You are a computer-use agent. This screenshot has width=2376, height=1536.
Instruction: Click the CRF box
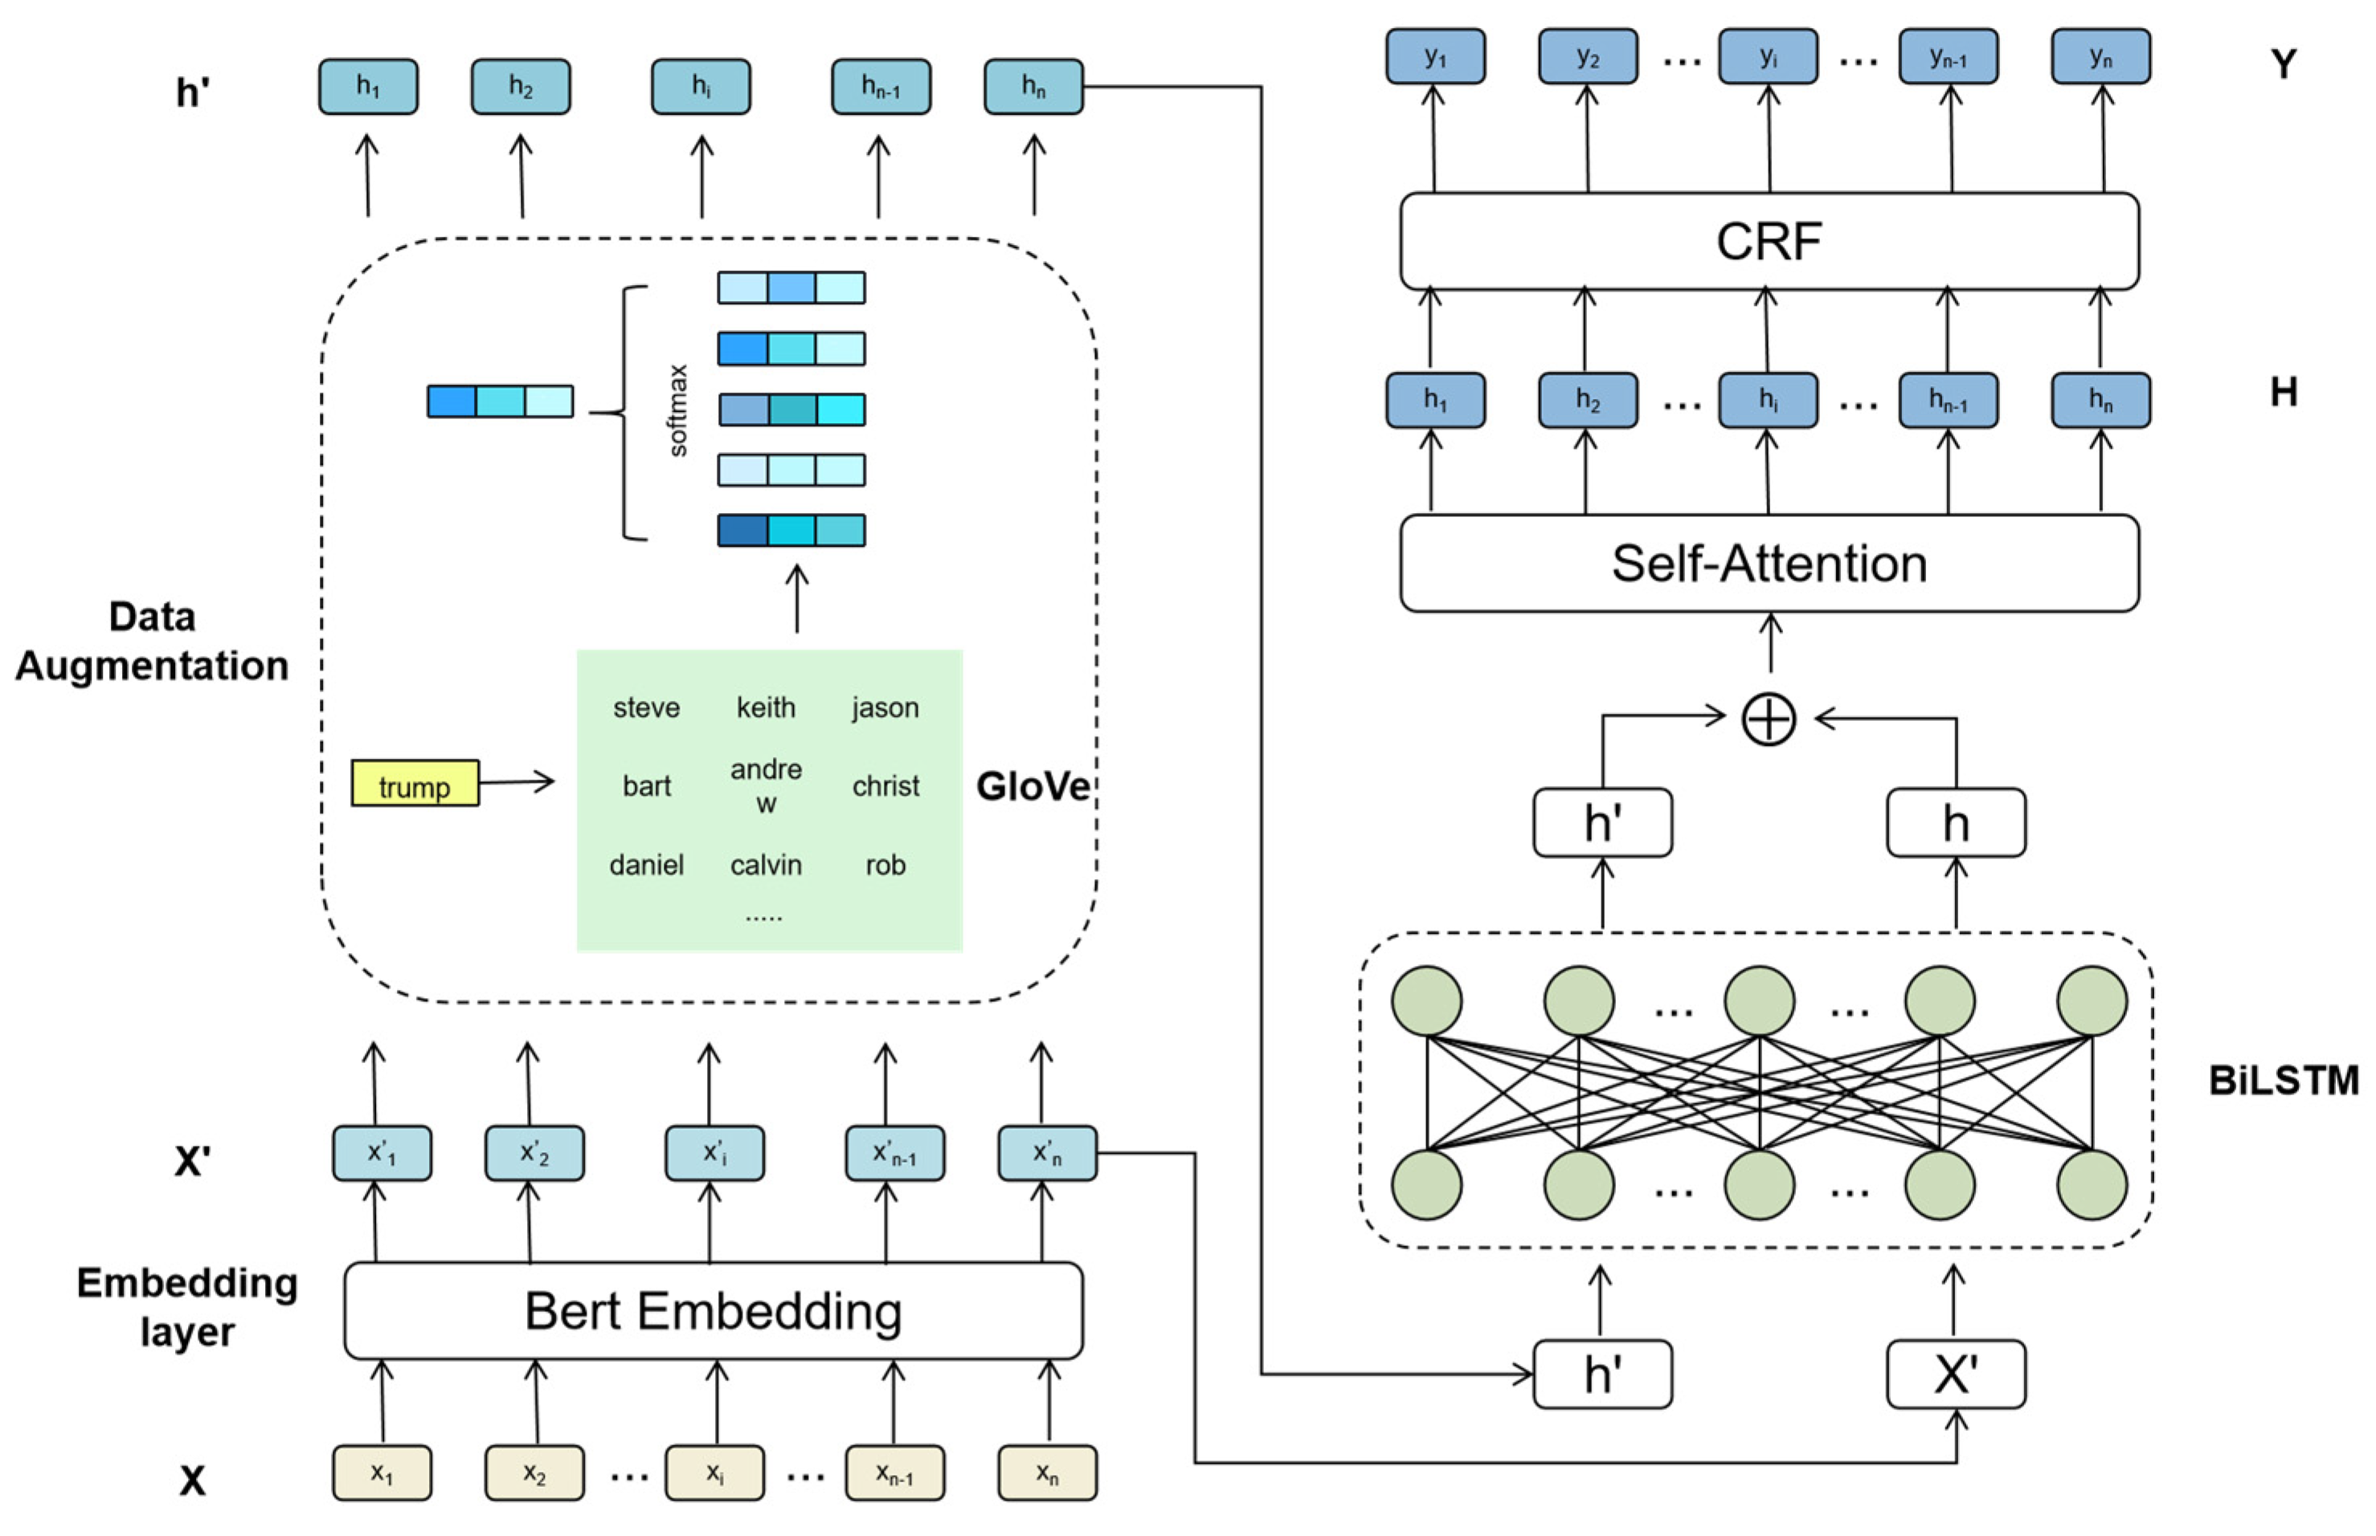1769,242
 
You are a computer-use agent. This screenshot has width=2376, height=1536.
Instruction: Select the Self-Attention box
1769,564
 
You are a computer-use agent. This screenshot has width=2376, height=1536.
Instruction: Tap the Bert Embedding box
713,1310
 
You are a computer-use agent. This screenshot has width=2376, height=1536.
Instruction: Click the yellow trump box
414,783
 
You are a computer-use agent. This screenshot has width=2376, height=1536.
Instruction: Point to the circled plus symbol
1769,719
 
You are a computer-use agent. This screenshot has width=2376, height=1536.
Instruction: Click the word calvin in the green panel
766,865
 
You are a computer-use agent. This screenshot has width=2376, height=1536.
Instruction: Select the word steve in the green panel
646,707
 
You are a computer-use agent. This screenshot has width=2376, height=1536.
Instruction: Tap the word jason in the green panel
884,707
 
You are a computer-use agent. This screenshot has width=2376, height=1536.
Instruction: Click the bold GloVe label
1032,786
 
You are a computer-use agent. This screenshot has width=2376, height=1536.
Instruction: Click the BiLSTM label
2282,1080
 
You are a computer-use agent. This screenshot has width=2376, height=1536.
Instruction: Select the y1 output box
1434,57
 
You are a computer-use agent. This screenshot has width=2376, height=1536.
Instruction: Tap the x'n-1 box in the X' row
894,1153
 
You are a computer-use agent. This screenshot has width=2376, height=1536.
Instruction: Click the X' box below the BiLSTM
1954,1374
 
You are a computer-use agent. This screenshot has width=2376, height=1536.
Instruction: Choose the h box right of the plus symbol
1954,823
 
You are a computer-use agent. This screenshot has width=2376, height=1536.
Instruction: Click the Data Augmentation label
152,642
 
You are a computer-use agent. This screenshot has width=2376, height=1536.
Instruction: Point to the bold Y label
2282,65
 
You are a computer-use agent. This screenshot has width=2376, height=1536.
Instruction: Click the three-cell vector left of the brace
500,401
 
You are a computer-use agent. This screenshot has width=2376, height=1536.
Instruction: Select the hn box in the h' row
1033,87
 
